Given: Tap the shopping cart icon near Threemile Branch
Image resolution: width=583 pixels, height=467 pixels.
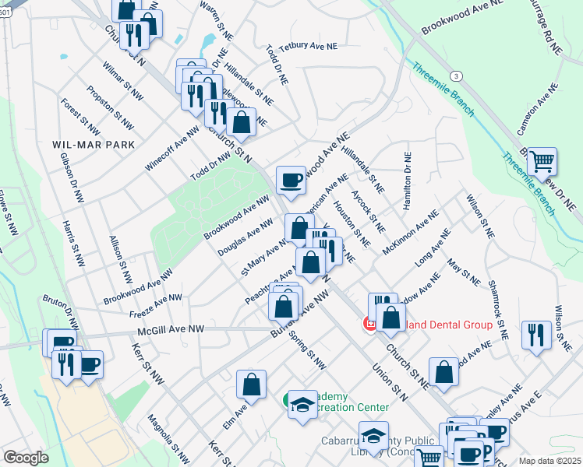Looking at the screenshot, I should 542,162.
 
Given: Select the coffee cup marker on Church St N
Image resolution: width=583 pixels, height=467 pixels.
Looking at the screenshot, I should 291,180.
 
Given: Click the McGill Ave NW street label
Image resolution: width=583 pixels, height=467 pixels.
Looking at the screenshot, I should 171,330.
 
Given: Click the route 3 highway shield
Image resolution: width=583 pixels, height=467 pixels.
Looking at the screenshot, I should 457,75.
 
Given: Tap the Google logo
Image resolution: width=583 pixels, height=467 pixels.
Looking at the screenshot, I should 26,458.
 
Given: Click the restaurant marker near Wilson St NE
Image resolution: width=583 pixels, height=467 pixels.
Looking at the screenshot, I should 535,335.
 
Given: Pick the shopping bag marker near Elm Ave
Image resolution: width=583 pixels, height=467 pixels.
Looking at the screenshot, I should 252,384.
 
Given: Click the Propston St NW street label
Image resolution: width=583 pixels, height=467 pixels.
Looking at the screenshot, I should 110,109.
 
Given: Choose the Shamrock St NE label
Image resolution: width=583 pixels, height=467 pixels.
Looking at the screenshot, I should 497,304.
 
